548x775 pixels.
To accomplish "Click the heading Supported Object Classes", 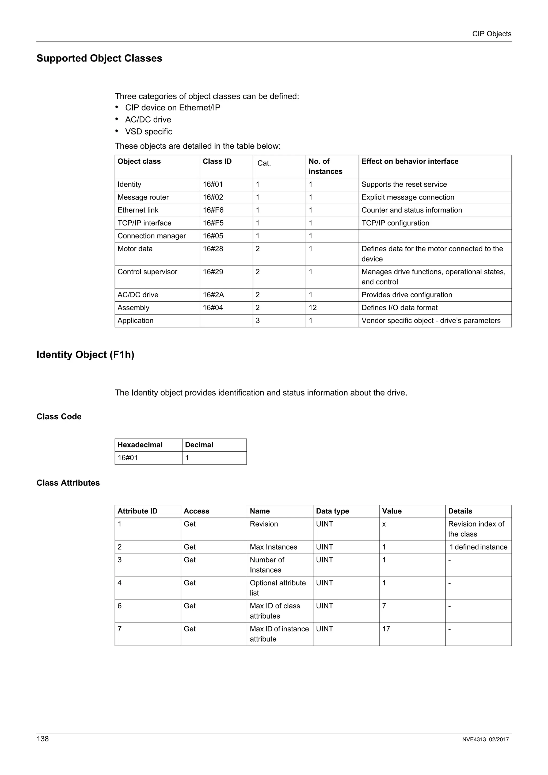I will pyautogui.click(x=99, y=58).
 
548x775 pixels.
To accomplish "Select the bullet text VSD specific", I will pyautogui.click(x=148, y=132).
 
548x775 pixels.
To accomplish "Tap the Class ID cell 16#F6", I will pyautogui.click(x=213, y=210).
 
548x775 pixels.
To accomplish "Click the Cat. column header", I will pyautogui.click(x=264, y=163).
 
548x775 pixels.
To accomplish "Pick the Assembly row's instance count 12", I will pyautogui.click(x=313, y=308).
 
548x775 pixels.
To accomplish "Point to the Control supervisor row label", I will pyautogui.click(x=147, y=272).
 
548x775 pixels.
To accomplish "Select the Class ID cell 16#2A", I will pyautogui.click(x=213, y=295).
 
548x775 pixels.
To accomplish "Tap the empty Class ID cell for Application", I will pyautogui.click(x=226, y=321).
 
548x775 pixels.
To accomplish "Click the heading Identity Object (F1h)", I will pyautogui.click(x=85, y=355).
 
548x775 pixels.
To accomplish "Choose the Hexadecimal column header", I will pyautogui.click(x=140, y=445).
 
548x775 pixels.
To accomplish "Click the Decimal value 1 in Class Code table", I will pyautogui.click(x=187, y=458).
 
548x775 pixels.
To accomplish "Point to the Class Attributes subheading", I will pyautogui.click(x=68, y=483).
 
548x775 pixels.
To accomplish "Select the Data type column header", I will pyautogui.click(x=332, y=511).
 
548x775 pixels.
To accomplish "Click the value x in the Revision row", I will pyautogui.click(x=384, y=524).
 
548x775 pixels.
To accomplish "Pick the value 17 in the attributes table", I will pyautogui.click(x=386, y=629).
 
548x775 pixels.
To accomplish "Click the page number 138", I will pyautogui.click(x=43, y=739).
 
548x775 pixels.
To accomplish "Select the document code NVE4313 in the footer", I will pyautogui.click(x=474, y=739).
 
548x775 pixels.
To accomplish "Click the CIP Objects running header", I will pyautogui.click(x=491, y=34).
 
